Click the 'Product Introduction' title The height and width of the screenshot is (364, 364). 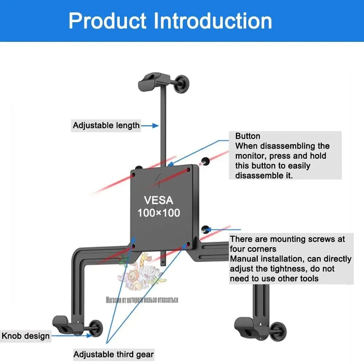tap(170, 20)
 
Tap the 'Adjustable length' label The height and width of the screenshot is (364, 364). tap(106, 126)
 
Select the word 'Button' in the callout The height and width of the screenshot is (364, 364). tap(248, 136)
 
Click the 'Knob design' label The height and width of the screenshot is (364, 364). tap(25, 336)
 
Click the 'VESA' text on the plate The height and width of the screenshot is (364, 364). tap(158, 200)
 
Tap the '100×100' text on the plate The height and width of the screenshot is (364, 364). tap(158, 213)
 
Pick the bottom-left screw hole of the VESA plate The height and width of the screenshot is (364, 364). tap(134, 247)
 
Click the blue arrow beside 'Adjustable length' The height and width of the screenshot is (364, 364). tap(150, 126)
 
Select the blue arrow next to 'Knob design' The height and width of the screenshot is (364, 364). tap(71, 336)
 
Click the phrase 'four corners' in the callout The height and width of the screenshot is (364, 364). tap(253, 249)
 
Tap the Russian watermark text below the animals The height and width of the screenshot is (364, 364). tap(142, 300)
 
